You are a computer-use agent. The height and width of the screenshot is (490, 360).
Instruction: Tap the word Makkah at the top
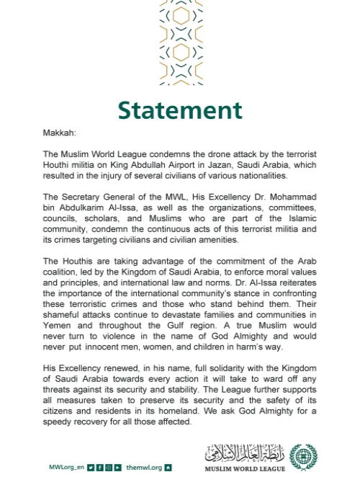tap(59, 133)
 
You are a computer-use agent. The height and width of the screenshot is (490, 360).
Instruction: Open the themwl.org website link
tap(143, 467)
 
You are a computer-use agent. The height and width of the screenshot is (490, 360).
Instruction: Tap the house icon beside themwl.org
tap(168, 467)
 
